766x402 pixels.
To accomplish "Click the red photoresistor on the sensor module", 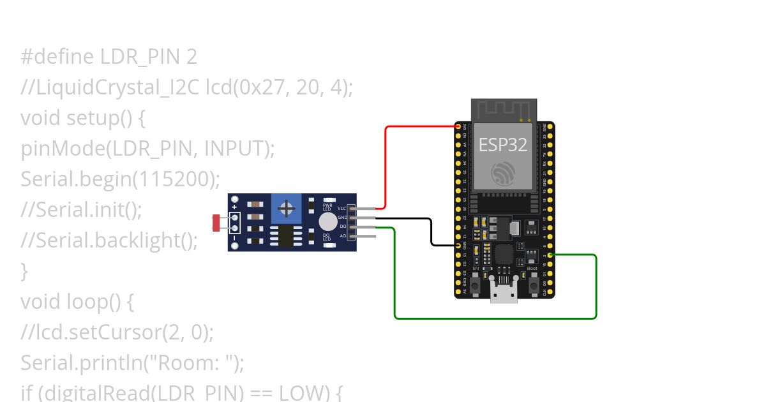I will point(216,223).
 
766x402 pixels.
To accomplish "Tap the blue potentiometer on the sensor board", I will point(287,208).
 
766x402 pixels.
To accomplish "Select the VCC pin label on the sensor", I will point(342,209).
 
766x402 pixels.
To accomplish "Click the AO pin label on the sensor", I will point(343,236).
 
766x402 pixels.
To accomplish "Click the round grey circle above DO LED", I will point(327,221).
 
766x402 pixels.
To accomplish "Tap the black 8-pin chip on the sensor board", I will point(287,235).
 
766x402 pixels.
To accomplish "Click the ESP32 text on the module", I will point(504,145).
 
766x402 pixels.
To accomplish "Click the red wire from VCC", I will point(386,166).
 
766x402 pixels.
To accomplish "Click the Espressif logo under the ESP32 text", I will point(504,173).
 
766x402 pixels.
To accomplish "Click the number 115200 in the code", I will point(172,179).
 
